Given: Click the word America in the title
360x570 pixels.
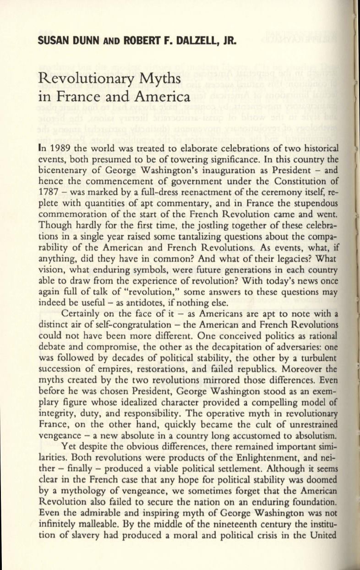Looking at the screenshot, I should [x=163, y=98].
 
